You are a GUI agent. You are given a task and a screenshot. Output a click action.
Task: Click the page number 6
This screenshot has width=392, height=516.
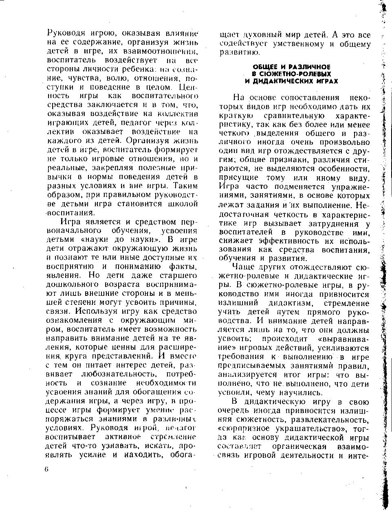[x=47, y=469]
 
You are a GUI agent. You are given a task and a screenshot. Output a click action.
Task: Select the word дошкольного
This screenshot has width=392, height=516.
[x=69, y=284]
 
